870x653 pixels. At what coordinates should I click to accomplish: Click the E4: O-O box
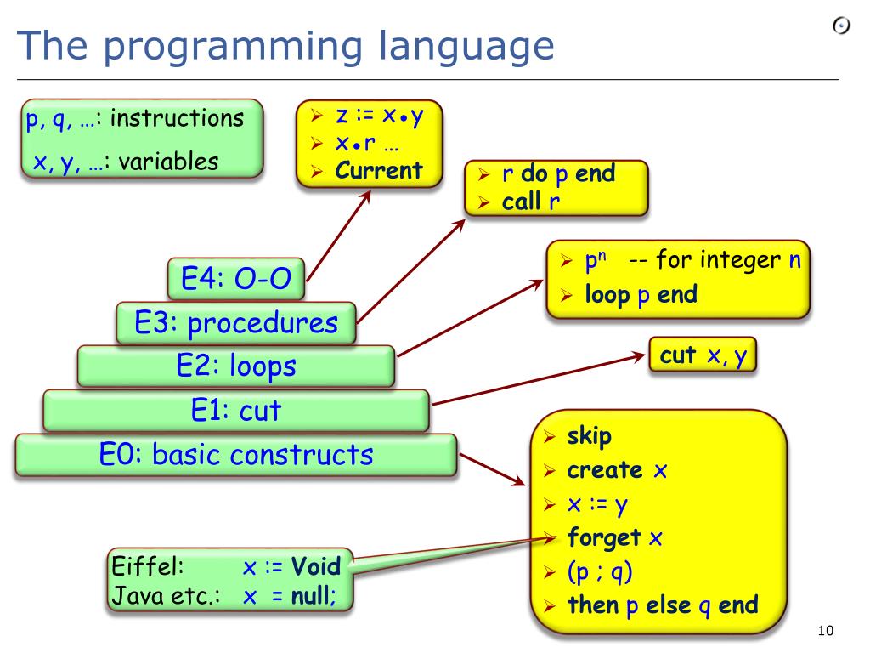coord(236,280)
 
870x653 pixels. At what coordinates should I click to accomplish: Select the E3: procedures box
coord(236,323)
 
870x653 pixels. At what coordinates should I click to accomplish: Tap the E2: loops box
coord(236,366)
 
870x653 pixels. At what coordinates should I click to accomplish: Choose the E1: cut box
coord(236,412)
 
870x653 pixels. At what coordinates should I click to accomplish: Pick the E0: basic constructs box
coord(236,455)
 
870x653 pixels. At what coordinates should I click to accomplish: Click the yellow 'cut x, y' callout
coord(703,355)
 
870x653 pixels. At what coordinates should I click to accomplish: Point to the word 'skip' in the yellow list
coord(589,437)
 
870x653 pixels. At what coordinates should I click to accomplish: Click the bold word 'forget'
coord(604,538)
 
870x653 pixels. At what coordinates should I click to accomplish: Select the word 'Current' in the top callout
coord(379,170)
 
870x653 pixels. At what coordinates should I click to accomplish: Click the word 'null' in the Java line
coord(311,596)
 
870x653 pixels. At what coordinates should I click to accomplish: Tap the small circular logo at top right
coord(841,27)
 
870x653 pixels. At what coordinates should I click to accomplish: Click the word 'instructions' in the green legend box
coord(177,117)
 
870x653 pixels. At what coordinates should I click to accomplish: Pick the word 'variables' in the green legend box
coord(168,161)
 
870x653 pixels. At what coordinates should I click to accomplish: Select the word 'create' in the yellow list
coord(605,470)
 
